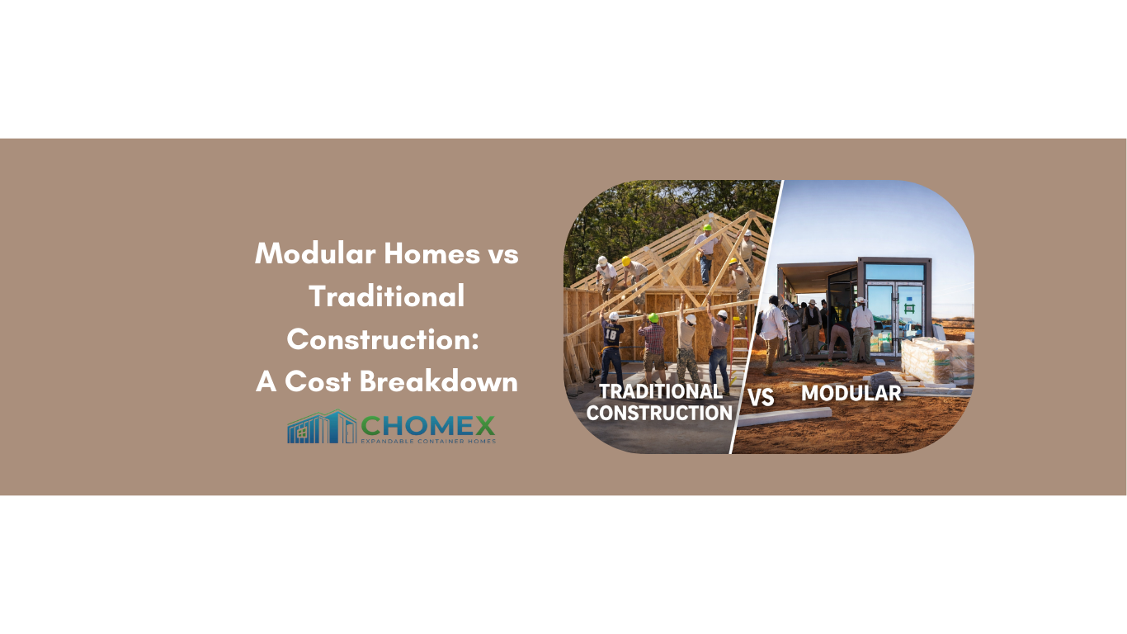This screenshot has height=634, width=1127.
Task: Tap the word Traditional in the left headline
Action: (386, 296)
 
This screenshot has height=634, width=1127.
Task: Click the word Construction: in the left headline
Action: (383, 339)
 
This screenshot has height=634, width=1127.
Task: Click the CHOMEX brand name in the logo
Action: (427, 425)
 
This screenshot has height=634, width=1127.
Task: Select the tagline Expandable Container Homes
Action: (427, 442)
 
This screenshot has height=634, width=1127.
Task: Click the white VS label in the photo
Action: (761, 397)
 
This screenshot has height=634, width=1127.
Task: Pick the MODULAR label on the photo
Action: (851, 393)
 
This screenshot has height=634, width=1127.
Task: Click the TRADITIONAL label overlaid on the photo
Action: (660, 391)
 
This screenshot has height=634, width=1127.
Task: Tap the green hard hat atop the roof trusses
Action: (707, 228)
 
